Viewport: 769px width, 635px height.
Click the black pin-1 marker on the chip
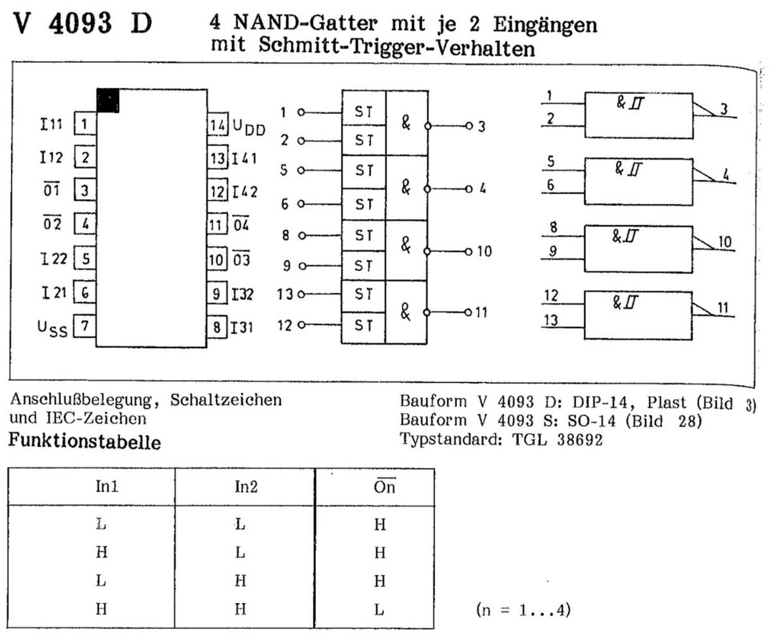(108, 101)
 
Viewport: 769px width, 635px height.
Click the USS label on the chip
(52, 329)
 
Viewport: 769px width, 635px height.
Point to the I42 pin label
(245, 191)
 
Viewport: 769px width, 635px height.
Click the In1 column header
(101, 487)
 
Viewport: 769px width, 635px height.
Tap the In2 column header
(241, 487)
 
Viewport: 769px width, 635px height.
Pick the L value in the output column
(379, 609)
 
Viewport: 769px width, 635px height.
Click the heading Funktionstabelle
(84, 443)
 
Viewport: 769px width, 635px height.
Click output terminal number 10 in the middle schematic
(484, 251)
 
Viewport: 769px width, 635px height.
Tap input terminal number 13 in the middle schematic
(285, 294)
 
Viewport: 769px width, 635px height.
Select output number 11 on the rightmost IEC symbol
(723, 309)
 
